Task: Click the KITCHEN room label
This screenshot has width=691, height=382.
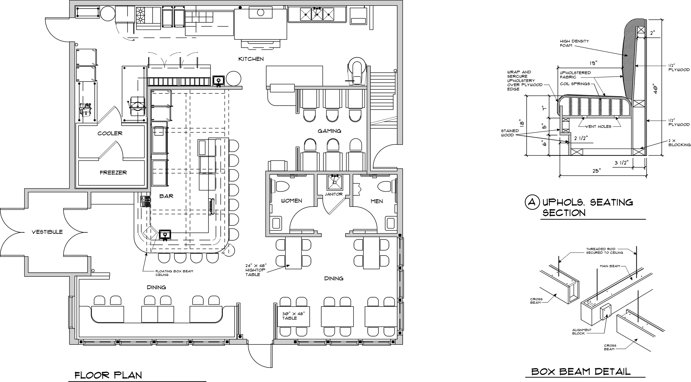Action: click(251, 59)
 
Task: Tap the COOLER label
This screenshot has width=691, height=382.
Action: click(110, 133)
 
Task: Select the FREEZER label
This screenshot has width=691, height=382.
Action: click(113, 173)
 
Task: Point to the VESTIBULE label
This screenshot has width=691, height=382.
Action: click(47, 232)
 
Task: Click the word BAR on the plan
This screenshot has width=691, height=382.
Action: click(166, 196)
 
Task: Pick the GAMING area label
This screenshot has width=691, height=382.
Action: click(329, 131)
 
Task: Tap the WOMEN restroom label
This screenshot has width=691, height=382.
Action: click(291, 201)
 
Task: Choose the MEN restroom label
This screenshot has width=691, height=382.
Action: click(377, 201)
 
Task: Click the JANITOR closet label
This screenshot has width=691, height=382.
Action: click(334, 194)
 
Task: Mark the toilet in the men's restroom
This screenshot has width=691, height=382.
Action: click(385, 186)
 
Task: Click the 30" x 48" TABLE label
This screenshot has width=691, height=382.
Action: click(293, 316)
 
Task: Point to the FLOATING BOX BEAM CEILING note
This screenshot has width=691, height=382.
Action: click(174, 273)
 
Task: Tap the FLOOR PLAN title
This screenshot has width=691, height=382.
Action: click(108, 375)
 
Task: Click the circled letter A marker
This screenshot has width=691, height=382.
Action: click(532, 202)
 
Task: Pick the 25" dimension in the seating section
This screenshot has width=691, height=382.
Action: click(596, 171)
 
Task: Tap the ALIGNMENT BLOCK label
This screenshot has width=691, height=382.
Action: click(582, 332)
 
